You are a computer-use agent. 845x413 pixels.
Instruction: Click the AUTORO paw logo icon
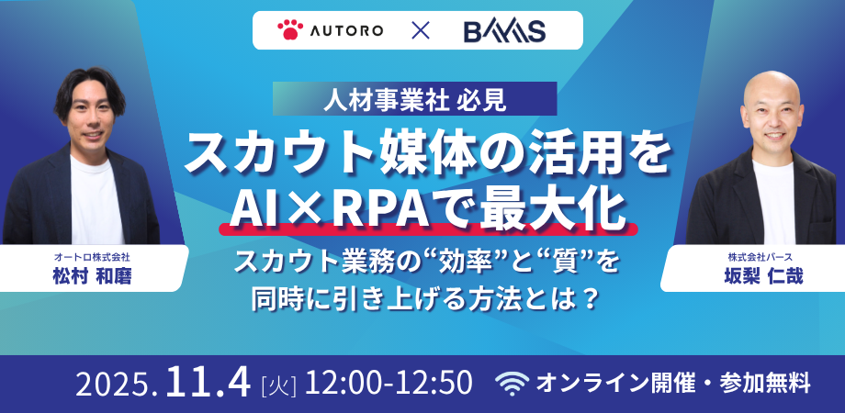click(289, 31)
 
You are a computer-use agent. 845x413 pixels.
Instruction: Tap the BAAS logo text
click(505, 31)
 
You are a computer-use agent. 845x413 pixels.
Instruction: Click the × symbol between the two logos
click(420, 31)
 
